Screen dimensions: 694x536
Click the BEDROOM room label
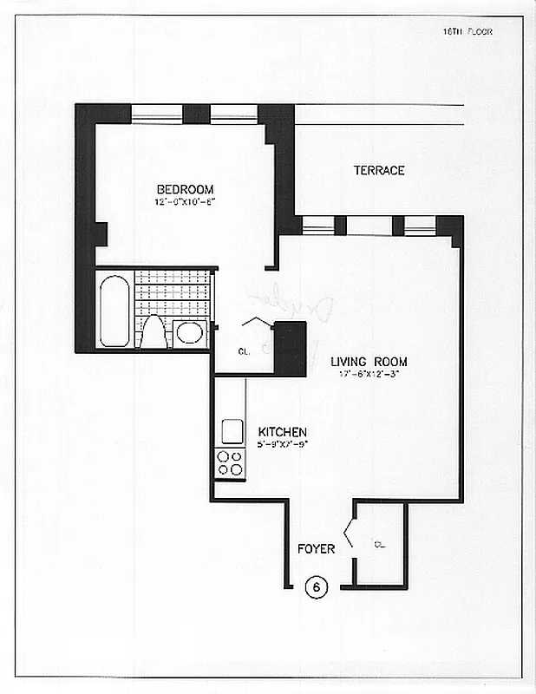185,190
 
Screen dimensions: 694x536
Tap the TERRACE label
378,170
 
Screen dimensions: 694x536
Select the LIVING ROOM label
369,362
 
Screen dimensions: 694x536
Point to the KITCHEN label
282,432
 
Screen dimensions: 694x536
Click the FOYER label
317,549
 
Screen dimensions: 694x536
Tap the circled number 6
317,587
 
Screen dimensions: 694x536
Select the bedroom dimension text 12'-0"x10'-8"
185,202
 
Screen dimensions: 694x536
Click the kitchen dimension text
282,444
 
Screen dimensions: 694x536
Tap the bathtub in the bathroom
114,311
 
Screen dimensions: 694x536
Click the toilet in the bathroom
154,331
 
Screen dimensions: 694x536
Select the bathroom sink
189,333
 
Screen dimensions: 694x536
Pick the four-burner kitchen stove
230,463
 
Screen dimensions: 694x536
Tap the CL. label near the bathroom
245,351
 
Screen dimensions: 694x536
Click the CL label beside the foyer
380,545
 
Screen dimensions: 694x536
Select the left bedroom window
156,114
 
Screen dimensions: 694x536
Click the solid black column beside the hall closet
290,349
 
